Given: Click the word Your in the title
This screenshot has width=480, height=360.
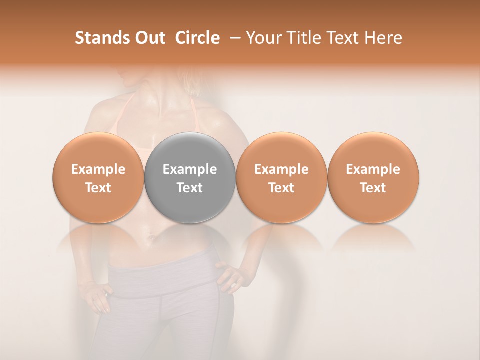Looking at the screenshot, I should click(x=262, y=38).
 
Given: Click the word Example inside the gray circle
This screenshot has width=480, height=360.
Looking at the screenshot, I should click(x=190, y=169).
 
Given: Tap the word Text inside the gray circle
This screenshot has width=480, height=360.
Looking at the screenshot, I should click(x=190, y=188).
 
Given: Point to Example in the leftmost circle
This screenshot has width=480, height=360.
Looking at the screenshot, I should click(x=98, y=169).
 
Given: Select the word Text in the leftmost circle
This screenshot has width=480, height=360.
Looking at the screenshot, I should click(x=98, y=188).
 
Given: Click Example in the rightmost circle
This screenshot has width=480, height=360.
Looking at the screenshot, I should click(x=373, y=169).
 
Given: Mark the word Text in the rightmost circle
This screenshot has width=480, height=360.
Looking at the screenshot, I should click(x=373, y=188).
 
